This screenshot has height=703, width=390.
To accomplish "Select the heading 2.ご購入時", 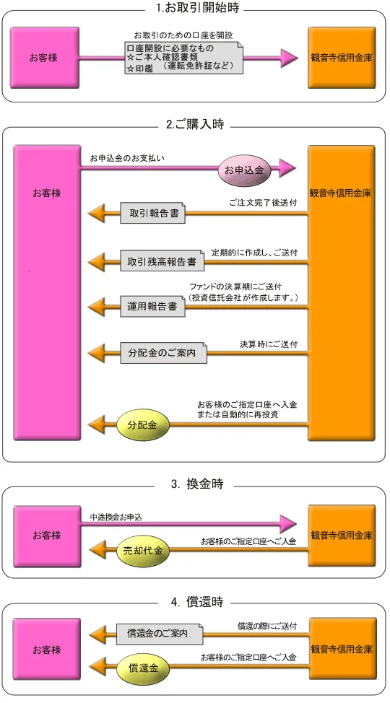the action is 195,124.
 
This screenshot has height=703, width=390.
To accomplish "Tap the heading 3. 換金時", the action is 196,484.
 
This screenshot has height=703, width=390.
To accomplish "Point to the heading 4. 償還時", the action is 196,602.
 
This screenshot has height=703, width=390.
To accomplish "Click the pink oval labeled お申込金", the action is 241,170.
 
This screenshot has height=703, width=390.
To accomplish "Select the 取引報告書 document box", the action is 153,213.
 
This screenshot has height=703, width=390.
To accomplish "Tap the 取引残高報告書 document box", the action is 162,261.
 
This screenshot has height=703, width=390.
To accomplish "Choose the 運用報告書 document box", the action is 152,307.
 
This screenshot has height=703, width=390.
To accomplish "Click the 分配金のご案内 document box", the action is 164,353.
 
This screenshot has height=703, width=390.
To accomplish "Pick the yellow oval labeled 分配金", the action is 143,425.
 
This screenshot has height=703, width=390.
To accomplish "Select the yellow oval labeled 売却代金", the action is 143,551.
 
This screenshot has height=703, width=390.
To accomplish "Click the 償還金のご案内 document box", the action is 160,634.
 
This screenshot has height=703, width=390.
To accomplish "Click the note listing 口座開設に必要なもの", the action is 183,58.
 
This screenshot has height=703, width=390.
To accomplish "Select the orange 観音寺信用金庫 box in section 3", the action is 342,536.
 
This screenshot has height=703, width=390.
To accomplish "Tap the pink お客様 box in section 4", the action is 47,650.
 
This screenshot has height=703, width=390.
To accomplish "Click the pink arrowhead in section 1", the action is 289,58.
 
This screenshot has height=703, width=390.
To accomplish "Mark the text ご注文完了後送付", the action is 263,203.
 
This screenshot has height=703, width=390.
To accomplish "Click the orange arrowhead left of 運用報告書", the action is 97,307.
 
